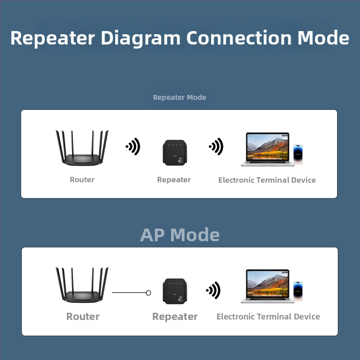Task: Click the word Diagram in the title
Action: (140, 38)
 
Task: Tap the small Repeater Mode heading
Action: (180, 97)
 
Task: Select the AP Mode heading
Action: (180, 235)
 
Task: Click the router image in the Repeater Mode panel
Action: (82, 148)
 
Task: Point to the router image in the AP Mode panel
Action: (82, 285)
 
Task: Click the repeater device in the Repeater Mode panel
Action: (175, 153)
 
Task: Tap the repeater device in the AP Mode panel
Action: (175, 291)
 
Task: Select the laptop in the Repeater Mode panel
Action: (267, 149)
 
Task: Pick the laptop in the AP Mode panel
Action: (267, 286)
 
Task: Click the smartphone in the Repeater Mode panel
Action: (298, 154)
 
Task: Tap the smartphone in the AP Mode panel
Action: (298, 291)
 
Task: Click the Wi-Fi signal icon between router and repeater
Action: (133, 147)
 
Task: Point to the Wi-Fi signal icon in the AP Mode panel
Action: (213, 290)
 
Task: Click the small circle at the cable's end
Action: (148, 293)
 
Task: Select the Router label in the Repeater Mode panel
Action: (82, 180)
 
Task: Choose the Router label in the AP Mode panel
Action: (83, 316)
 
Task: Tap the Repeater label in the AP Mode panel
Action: (175, 317)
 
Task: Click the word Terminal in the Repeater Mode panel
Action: (273, 180)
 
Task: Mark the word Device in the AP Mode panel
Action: (307, 317)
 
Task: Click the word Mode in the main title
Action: (323, 38)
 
